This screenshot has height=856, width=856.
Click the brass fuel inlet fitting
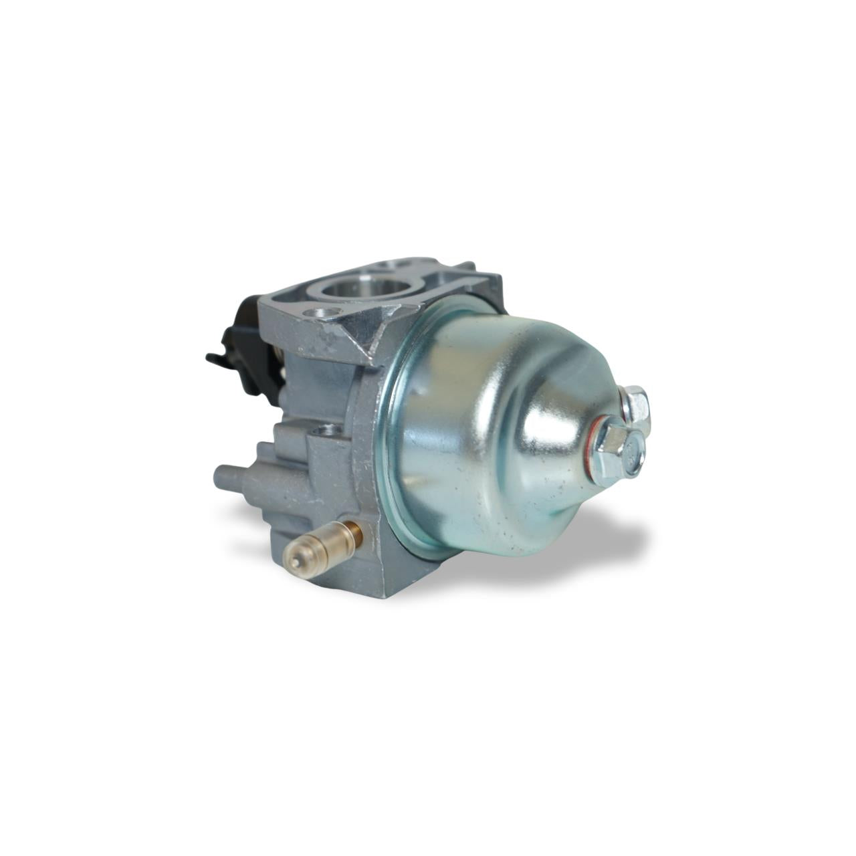tap(321, 543)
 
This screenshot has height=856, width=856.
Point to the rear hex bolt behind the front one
tap(636, 403)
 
